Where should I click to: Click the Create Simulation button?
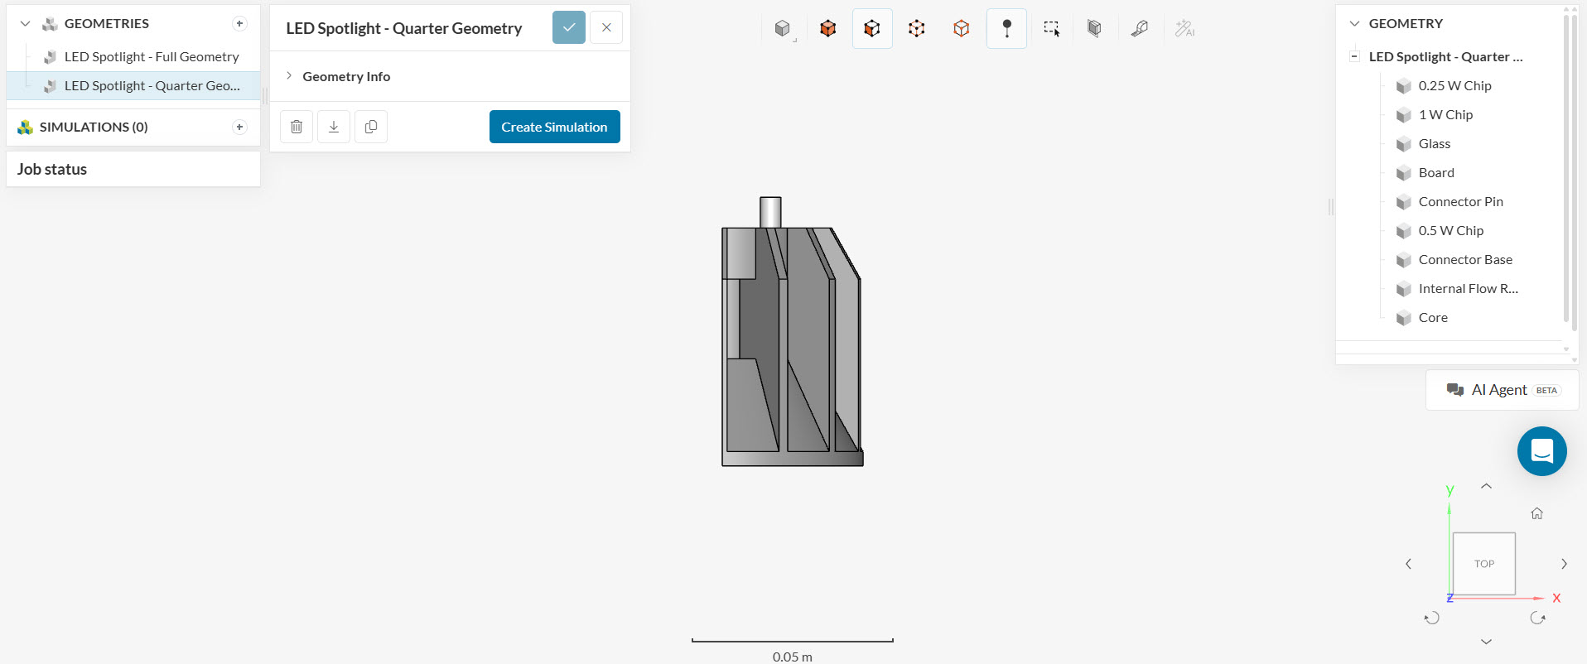tap(554, 127)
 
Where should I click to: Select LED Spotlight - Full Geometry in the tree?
tap(152, 56)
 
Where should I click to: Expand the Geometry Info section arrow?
tap(289, 75)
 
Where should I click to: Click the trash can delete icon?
tap(297, 127)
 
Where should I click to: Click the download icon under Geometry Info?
tap(334, 127)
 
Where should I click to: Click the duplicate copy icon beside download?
tap(371, 127)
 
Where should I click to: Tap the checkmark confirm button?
tap(569, 27)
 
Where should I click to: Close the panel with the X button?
tap(606, 27)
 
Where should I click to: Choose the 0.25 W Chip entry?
tap(1454, 85)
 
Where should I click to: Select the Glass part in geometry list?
tap(1434, 143)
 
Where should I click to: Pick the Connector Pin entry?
tap(1459, 201)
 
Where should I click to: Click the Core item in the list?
tap(1432, 317)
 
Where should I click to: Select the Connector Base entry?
tap(1464, 259)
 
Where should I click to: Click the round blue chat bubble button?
tap(1541, 451)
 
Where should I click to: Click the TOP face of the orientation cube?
tap(1483, 564)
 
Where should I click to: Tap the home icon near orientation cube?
tap(1536, 513)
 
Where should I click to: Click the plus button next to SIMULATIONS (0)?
tap(239, 127)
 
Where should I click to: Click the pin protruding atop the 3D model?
tap(770, 212)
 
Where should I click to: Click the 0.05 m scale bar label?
tap(792, 657)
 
